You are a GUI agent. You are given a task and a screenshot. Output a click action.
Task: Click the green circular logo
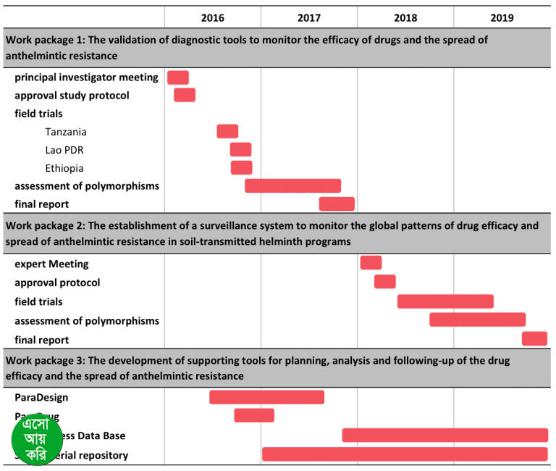point(37,439)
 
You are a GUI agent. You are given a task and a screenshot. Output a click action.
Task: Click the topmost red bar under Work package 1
point(178,78)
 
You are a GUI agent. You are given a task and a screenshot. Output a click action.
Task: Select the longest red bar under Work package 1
point(292,186)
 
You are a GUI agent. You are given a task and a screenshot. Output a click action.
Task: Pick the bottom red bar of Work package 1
point(337,204)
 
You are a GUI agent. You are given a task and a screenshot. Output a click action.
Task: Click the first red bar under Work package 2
point(371,262)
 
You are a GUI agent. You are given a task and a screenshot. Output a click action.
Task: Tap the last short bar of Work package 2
point(534,338)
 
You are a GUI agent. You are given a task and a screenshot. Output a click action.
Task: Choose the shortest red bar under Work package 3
point(254,415)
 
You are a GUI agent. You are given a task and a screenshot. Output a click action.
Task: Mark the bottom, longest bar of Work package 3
point(405,454)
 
